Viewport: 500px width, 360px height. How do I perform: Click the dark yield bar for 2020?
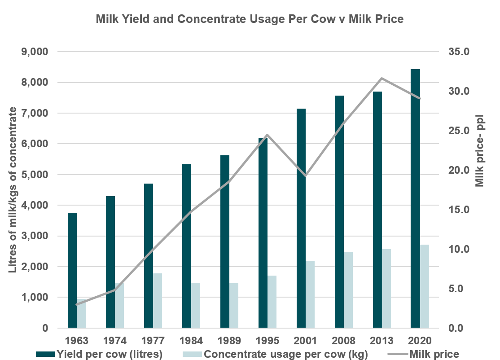tap(415, 198)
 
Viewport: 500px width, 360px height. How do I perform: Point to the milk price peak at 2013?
tap(382, 79)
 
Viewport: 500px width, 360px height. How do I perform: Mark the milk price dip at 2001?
tap(305, 176)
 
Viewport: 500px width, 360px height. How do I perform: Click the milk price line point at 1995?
tap(267, 135)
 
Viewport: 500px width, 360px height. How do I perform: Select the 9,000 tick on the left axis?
tap(35, 52)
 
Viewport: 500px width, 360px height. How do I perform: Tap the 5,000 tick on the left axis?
tap(35, 175)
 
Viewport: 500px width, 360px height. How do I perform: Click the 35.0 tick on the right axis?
tap(458, 52)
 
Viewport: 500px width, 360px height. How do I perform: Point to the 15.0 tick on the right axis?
tap(458, 210)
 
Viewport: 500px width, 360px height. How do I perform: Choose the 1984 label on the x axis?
tap(191, 340)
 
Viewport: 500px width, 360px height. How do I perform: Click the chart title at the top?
tap(250, 19)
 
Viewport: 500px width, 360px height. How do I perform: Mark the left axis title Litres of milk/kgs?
tap(13, 190)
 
